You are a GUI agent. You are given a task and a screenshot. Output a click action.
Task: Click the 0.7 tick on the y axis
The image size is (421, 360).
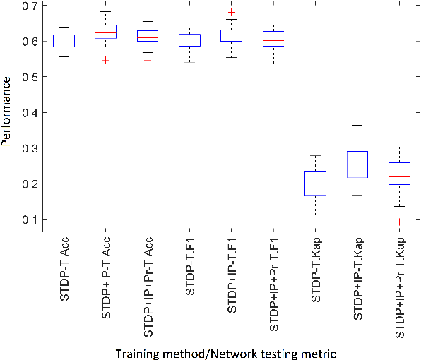pos(30,6)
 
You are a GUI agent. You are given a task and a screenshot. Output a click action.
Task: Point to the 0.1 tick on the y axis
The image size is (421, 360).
pos(30,220)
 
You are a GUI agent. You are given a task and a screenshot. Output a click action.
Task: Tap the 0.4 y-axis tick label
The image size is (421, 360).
pos(30,113)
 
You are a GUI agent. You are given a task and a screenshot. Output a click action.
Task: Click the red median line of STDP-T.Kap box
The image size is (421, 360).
pos(315,181)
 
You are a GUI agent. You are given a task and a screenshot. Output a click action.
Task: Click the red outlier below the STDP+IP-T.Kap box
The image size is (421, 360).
pos(357,222)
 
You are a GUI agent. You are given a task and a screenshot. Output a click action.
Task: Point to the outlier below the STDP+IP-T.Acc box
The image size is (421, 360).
pos(106,60)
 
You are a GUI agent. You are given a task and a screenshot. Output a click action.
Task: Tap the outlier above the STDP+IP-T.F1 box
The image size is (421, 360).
pos(232,13)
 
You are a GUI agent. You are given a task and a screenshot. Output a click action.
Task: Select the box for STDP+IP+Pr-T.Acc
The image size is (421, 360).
pos(148,36)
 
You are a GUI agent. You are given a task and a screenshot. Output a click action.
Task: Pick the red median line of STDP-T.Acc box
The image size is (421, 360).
pos(65,40)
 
